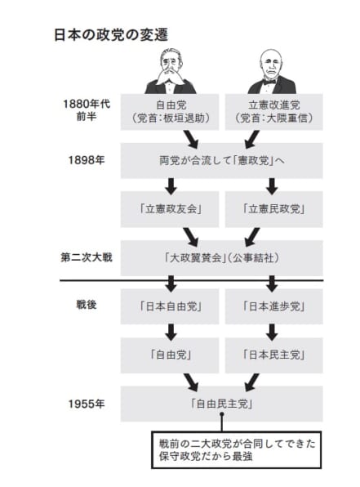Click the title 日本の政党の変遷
pos(111,34)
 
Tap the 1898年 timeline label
pos(87,160)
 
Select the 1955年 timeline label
pos(87,404)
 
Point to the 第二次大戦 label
pos(87,257)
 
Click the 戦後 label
pos(87,305)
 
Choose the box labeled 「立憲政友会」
pos(170,209)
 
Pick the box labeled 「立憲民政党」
pos(273,209)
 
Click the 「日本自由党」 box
pos(170,306)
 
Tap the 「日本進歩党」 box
pos(273,306)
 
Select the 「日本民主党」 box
pos(273,355)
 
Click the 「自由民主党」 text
pos(221,404)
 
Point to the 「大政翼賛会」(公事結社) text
pos(221,257)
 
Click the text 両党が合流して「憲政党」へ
pos(221,161)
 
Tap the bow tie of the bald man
pos(269,82)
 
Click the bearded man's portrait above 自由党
pos(171,71)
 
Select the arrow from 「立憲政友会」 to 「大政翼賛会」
pos(191,237)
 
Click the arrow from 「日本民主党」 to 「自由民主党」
pos(251,382)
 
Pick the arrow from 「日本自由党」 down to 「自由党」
pos(171,332)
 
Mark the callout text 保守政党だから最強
pos(206,456)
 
